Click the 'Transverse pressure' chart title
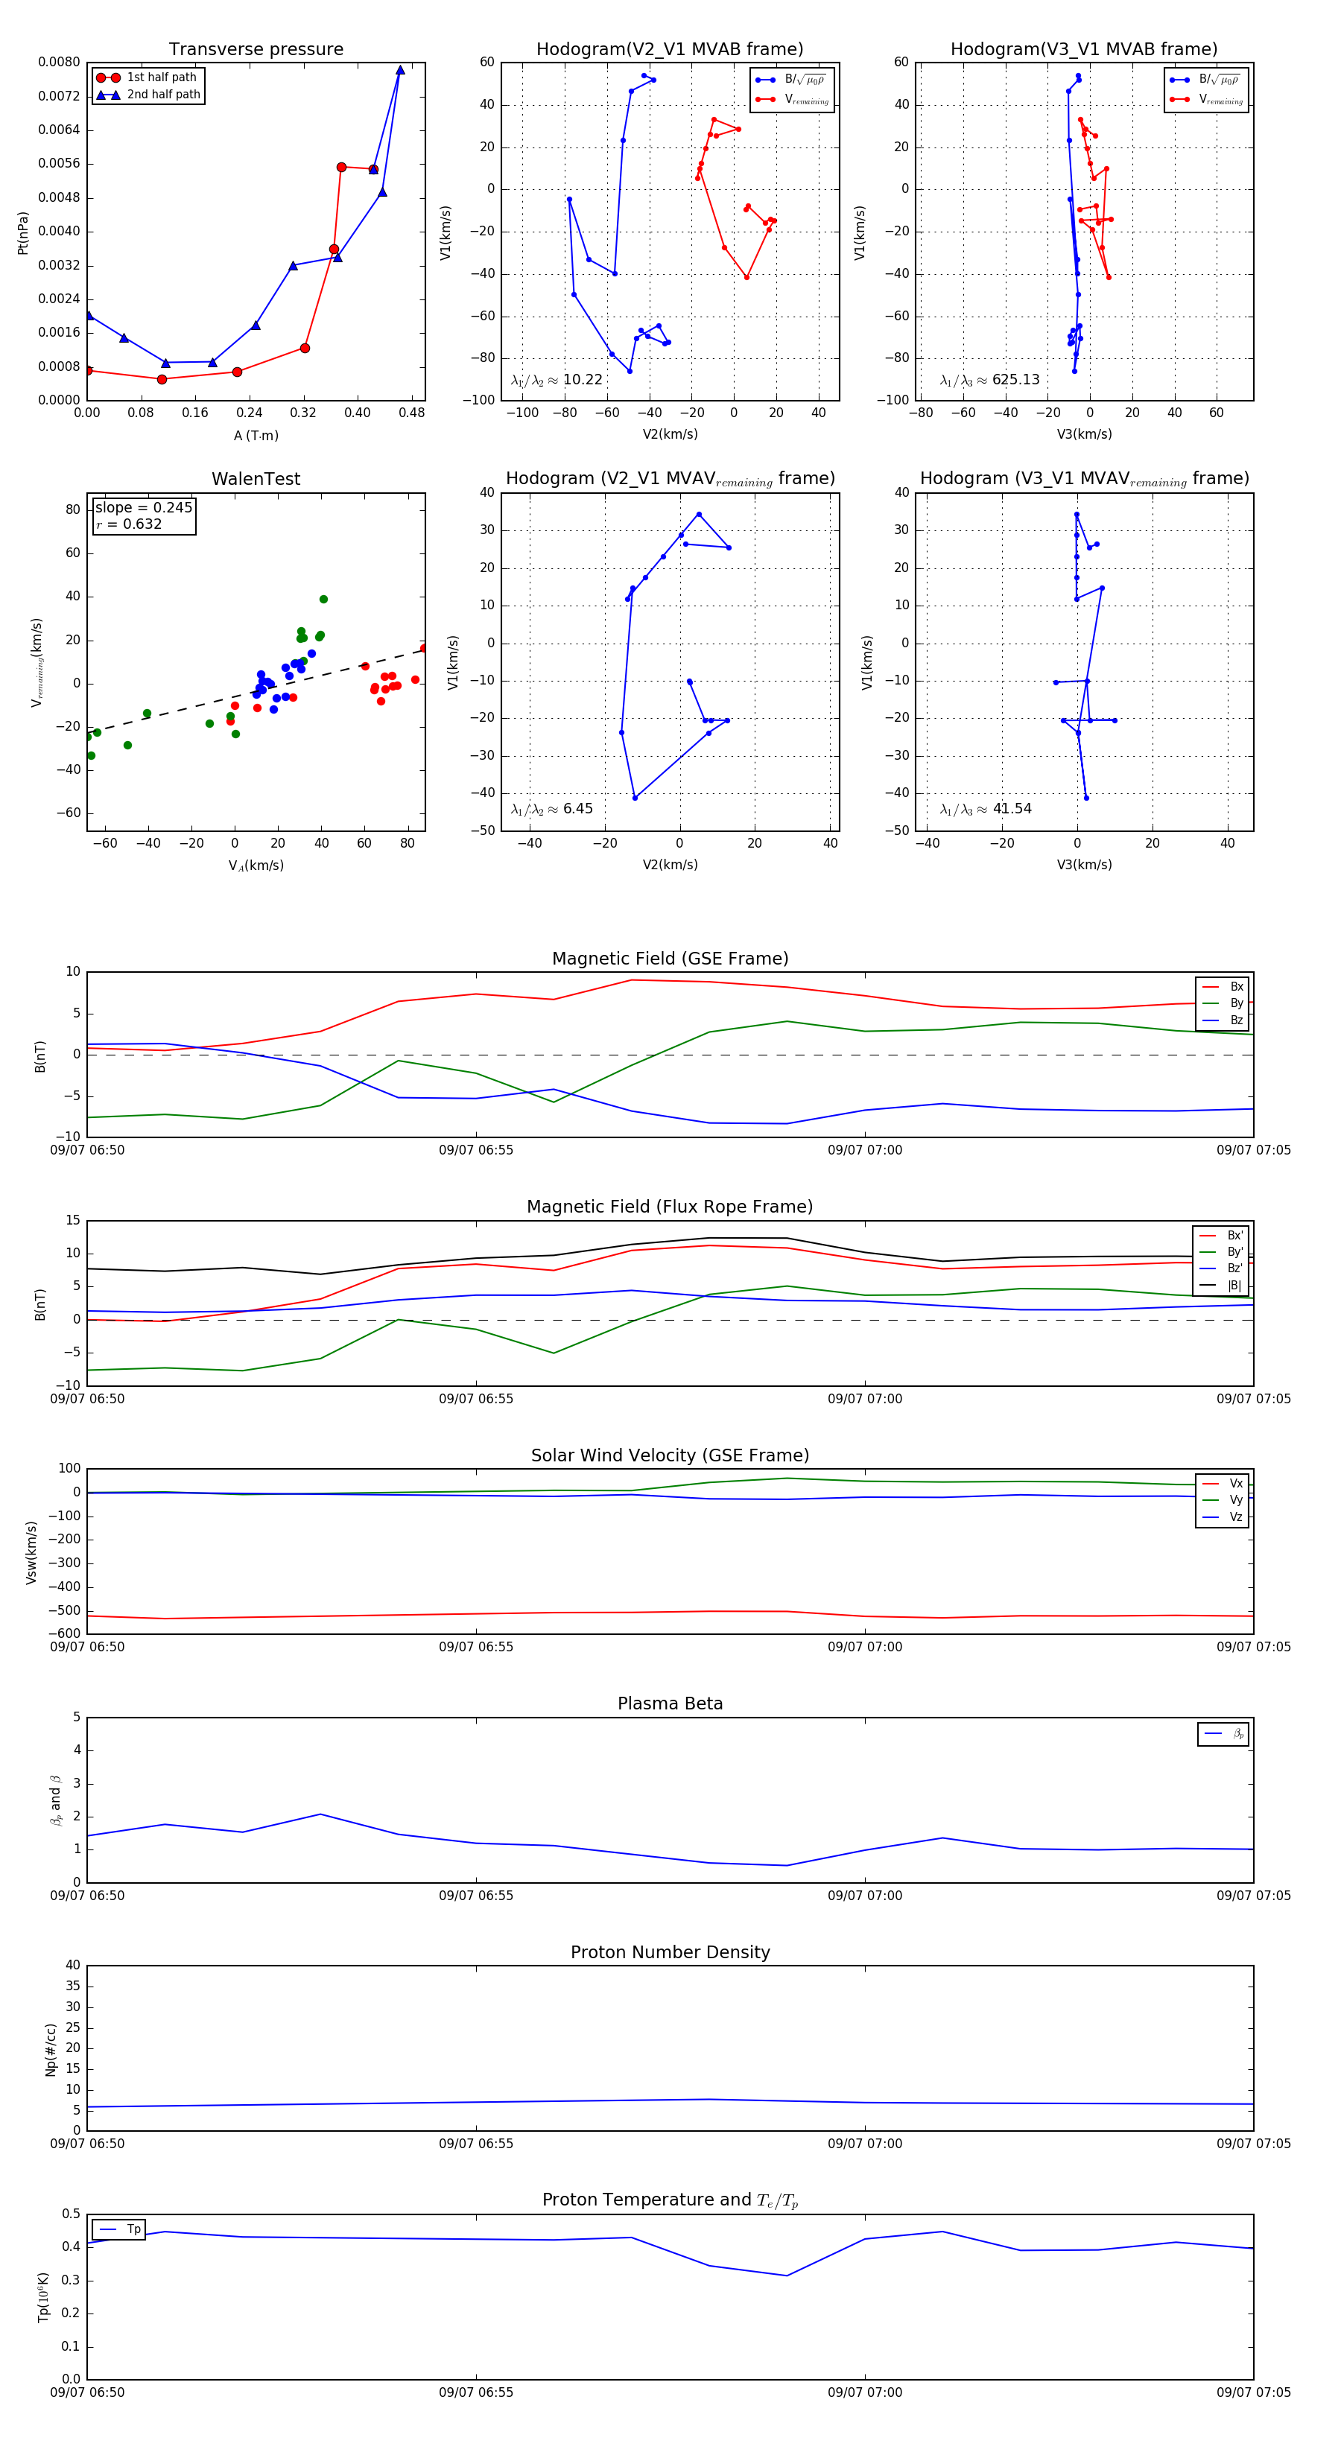[256, 50]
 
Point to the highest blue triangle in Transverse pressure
[400, 70]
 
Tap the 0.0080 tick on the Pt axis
[59, 62]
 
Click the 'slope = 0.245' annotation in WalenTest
[143, 508]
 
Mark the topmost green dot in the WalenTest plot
[323, 600]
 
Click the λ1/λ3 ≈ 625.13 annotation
[990, 380]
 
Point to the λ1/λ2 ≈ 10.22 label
[557, 380]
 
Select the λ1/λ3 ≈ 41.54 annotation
[986, 809]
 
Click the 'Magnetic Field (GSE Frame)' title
[670, 959]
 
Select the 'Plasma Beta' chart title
[670, 1704]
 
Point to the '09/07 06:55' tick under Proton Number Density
[475, 2144]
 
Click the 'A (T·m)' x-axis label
[256, 436]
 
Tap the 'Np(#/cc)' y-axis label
[51, 2050]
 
